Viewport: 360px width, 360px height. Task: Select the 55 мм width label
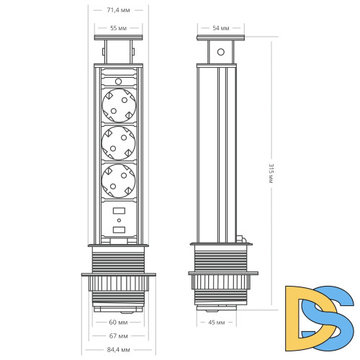point(119,27)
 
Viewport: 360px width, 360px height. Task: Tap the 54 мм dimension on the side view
point(221,27)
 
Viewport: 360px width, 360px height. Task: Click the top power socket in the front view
point(119,106)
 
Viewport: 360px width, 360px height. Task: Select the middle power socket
point(119,143)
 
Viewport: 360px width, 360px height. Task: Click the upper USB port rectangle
point(119,212)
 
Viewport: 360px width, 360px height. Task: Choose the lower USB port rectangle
point(119,230)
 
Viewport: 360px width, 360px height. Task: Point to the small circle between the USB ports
point(119,221)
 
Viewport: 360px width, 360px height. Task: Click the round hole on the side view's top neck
point(221,52)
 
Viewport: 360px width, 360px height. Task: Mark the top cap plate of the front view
point(119,37)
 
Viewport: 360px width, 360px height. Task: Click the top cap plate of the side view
point(221,37)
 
